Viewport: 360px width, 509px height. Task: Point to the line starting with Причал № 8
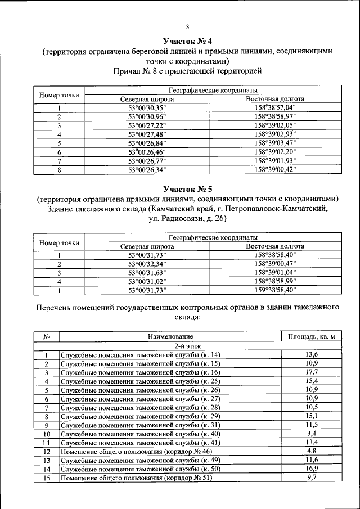coord(187,71)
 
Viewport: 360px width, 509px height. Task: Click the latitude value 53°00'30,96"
coord(147,116)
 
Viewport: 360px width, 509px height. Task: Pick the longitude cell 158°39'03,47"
coord(275,143)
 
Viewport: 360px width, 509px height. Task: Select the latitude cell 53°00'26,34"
coord(147,169)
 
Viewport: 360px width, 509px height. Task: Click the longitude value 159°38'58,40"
coord(275,290)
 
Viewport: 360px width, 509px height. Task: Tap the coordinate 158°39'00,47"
coord(275,263)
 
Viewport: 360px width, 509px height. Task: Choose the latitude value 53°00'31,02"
coord(147,281)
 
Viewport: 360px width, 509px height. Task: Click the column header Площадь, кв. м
coord(311,337)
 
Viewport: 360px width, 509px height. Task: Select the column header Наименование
coord(170,337)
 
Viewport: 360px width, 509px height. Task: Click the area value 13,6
coord(311,354)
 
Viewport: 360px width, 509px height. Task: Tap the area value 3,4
coord(311,434)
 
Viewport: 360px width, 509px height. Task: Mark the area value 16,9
coord(311,469)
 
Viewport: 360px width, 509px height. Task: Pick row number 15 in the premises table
coord(47,478)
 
